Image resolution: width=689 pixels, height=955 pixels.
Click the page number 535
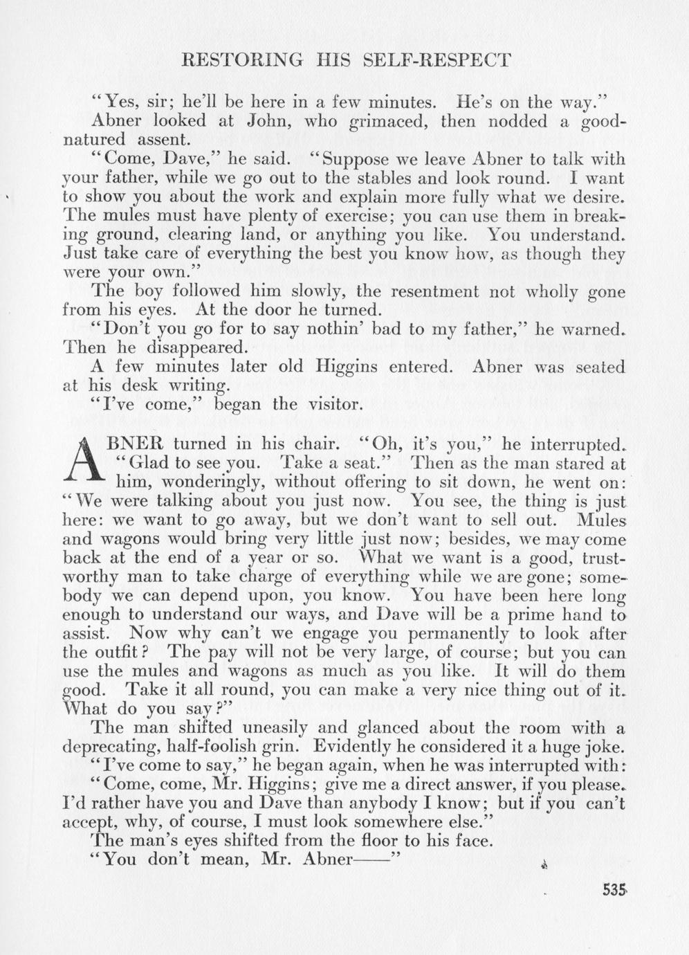tap(612, 890)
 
